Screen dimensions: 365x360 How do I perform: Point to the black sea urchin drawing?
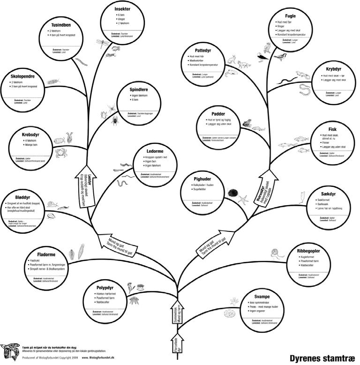(x=232, y=193)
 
